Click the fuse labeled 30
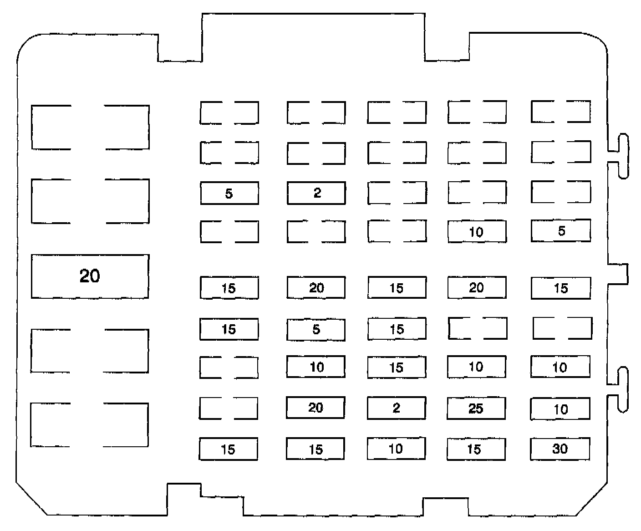560,449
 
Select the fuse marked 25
476,408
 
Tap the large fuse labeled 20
90,276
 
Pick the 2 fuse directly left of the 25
397,408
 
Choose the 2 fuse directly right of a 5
316,193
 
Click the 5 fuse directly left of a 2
229,193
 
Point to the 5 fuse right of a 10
561,231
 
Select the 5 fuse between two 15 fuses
316,329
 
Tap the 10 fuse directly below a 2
396,449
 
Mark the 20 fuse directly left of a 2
315,408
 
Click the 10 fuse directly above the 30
560,409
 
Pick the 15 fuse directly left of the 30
476,449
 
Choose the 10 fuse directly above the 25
476,367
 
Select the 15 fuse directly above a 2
397,367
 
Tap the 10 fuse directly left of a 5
477,232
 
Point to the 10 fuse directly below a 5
316,367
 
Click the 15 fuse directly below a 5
560,288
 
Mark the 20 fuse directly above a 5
316,288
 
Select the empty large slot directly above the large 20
90,201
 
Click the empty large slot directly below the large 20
89,351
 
